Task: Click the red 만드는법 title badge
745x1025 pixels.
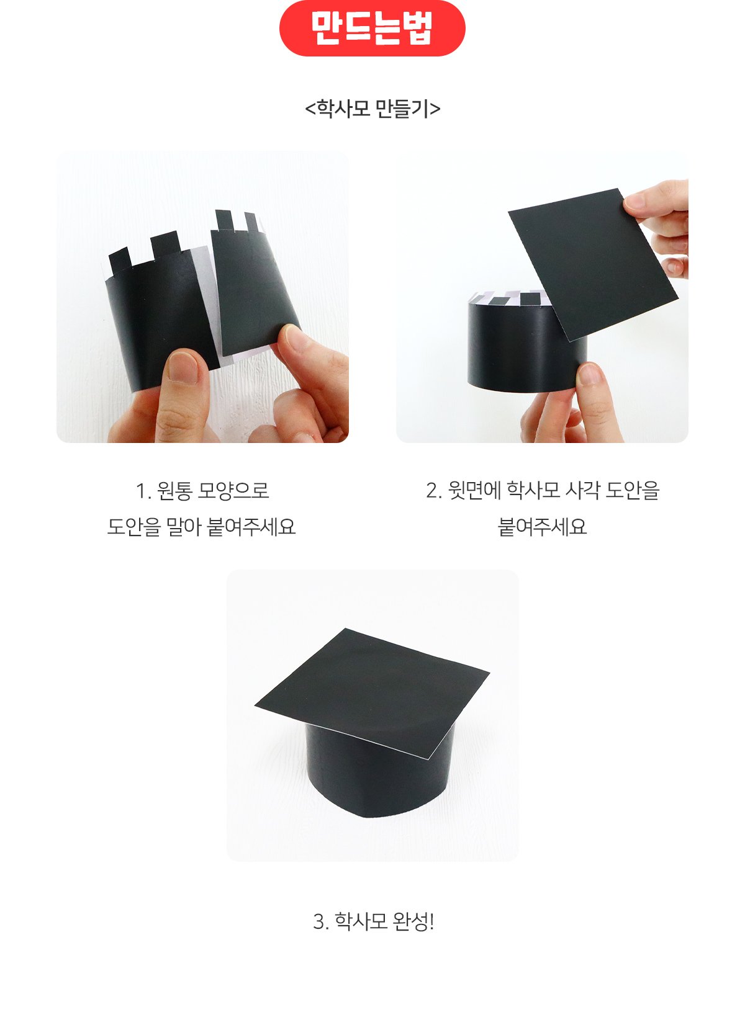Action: pyautogui.click(x=372, y=29)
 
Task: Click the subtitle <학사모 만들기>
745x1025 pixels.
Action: pyautogui.click(x=372, y=109)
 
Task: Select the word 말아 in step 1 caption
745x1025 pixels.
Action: pyautogui.click(x=184, y=527)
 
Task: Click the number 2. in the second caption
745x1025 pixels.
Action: pyautogui.click(x=433, y=491)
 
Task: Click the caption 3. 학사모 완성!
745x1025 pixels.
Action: pyautogui.click(x=373, y=921)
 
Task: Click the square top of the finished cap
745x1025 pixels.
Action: pyautogui.click(x=372, y=693)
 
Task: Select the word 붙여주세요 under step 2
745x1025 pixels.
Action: pyautogui.click(x=542, y=527)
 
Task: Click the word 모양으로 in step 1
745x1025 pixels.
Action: pyautogui.click(x=233, y=491)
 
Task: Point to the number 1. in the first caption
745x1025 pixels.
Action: pyautogui.click(x=143, y=491)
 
